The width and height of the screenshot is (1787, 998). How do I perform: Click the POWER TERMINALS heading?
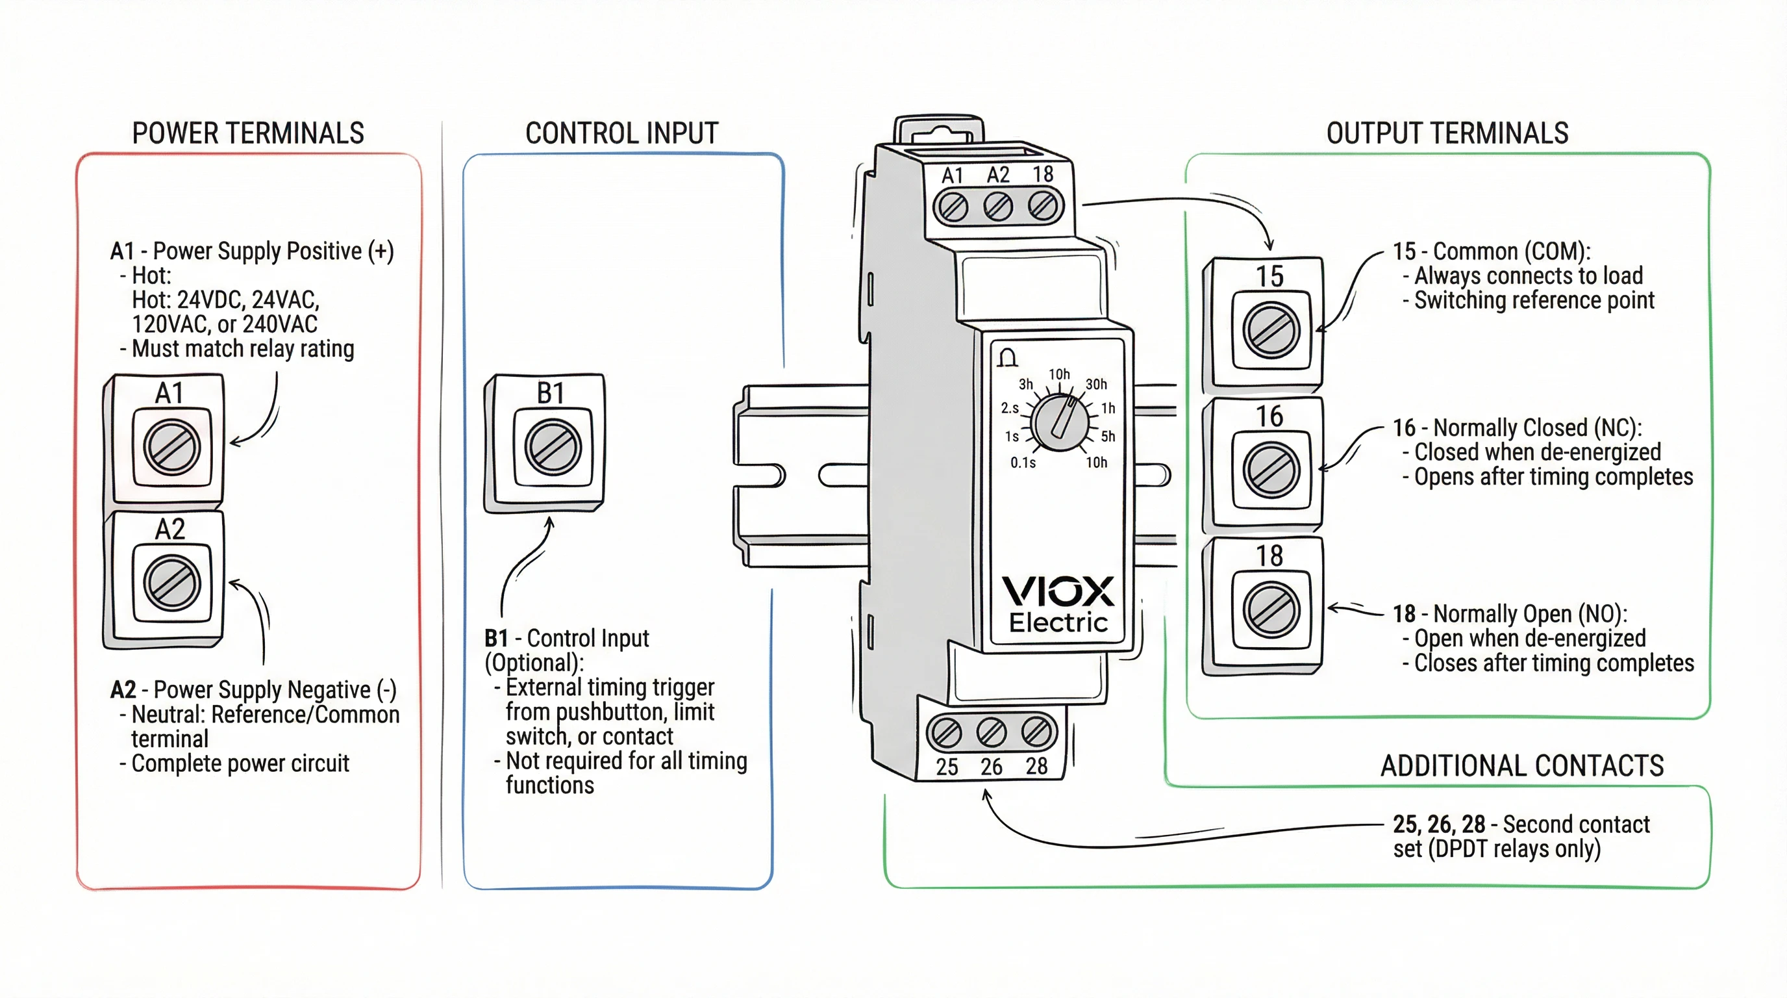pyautogui.click(x=247, y=133)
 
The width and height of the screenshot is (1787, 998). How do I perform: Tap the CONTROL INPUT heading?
pyautogui.click(x=621, y=133)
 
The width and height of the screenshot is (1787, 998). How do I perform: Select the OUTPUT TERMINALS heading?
pyautogui.click(x=1447, y=133)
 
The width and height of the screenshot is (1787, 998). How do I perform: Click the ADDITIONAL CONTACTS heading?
pyautogui.click(x=1522, y=765)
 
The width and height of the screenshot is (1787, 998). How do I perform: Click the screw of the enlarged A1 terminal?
pyautogui.click(x=171, y=447)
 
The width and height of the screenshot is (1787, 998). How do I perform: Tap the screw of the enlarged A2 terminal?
pyautogui.click(x=171, y=583)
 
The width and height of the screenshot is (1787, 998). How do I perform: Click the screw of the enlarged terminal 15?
pyautogui.click(x=1271, y=330)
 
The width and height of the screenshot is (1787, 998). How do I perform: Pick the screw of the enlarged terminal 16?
pyautogui.click(x=1271, y=470)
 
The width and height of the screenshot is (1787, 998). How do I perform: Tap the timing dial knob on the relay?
pyautogui.click(x=1059, y=422)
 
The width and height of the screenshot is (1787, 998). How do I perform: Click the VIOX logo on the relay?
pyautogui.click(x=1058, y=591)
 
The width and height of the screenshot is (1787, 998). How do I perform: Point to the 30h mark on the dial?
pyautogui.click(x=1096, y=384)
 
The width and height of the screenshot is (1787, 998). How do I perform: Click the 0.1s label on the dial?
pyautogui.click(x=1023, y=463)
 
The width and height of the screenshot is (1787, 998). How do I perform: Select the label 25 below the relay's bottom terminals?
pyautogui.click(x=946, y=767)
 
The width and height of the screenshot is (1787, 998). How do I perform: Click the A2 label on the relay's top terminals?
pyautogui.click(x=997, y=175)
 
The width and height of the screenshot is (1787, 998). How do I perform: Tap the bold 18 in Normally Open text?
pyautogui.click(x=1404, y=613)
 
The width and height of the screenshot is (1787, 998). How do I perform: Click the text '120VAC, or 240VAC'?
pyautogui.click(x=224, y=324)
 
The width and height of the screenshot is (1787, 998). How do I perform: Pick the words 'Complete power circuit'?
pyautogui.click(x=240, y=763)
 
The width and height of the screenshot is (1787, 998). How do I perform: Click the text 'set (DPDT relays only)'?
pyautogui.click(x=1496, y=849)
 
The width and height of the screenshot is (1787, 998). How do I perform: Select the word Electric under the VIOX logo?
pyautogui.click(x=1058, y=622)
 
